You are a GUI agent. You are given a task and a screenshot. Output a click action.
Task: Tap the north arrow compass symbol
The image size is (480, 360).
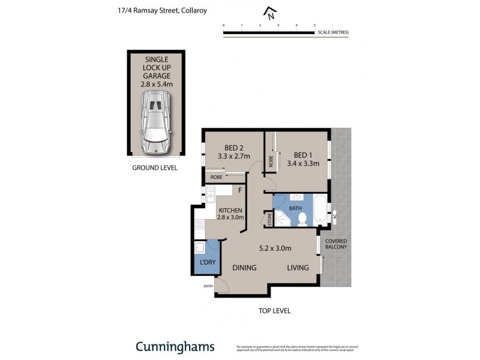click(271, 13)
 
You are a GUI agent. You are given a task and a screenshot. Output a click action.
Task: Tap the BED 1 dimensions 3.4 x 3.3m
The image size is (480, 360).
click(302, 163)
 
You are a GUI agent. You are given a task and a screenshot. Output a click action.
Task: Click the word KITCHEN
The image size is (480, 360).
click(230, 210)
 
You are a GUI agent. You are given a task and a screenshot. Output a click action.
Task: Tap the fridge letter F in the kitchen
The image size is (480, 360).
click(240, 191)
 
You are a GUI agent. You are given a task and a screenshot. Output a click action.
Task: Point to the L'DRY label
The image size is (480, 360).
click(207, 263)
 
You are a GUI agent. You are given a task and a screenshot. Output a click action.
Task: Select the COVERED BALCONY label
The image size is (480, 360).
click(336, 244)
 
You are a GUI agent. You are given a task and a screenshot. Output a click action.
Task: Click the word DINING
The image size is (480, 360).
click(244, 268)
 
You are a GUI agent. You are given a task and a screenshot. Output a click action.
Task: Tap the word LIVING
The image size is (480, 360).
click(298, 268)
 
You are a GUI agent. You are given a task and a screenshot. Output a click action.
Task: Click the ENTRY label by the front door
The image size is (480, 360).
click(208, 286)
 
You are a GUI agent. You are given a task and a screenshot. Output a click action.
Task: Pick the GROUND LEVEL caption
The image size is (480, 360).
click(155, 168)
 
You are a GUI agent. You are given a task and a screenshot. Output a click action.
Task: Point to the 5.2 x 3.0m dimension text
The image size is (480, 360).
click(275, 248)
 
